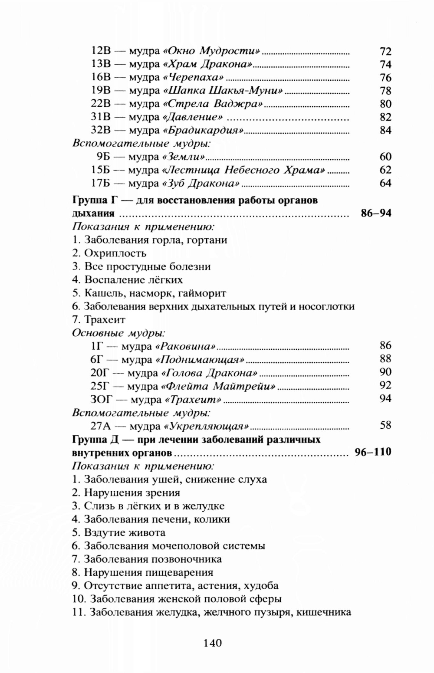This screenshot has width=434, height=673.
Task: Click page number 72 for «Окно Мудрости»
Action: click(x=385, y=52)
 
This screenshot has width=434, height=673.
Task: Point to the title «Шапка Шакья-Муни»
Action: click(x=223, y=91)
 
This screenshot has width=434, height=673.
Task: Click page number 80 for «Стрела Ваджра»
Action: click(x=385, y=104)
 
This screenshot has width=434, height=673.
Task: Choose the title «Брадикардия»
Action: click(x=204, y=131)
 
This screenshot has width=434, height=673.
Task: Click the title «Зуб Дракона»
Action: click(x=201, y=183)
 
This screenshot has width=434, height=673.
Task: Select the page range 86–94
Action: click(x=376, y=213)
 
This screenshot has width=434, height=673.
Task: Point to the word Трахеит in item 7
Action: click(x=105, y=320)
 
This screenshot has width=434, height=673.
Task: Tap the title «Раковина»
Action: click(x=185, y=346)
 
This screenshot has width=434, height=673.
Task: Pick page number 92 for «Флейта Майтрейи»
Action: click(x=385, y=385)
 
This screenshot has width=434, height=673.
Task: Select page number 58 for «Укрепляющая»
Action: click(x=385, y=425)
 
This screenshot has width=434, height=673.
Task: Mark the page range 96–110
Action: click(x=373, y=452)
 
